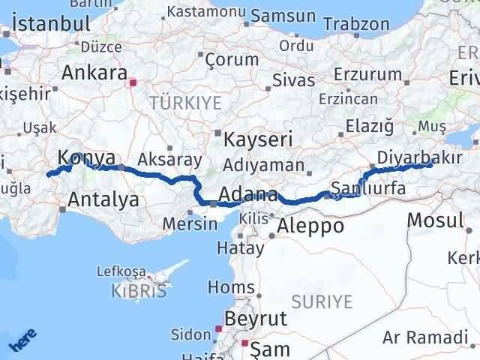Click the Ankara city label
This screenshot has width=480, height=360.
click(94, 73)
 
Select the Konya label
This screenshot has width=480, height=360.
click(86, 158)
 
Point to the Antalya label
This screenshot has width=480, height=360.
click(103, 199)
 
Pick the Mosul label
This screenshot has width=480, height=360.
click(435, 220)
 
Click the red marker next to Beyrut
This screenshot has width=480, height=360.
click(217, 328)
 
